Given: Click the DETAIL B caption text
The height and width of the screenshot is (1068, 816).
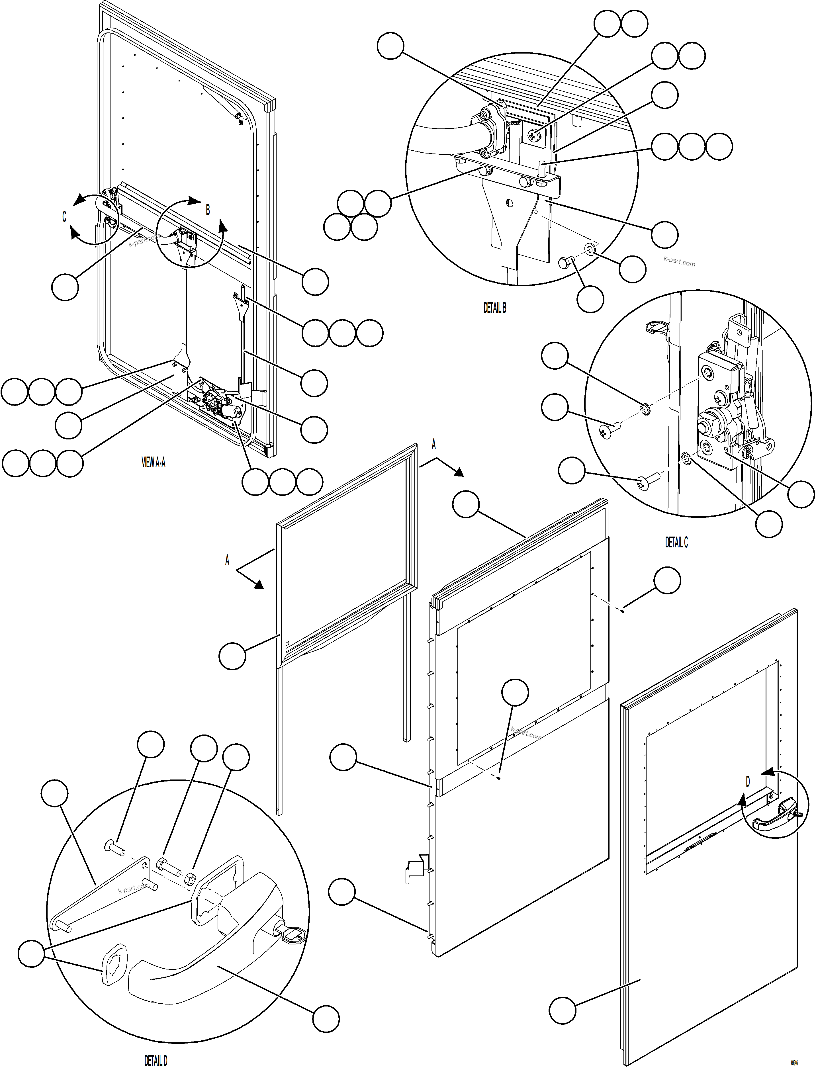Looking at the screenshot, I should coord(494,307).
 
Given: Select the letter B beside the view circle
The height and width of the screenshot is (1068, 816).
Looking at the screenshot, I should coord(208,210).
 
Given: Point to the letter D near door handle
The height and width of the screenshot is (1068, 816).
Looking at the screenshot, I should coord(748,781).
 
